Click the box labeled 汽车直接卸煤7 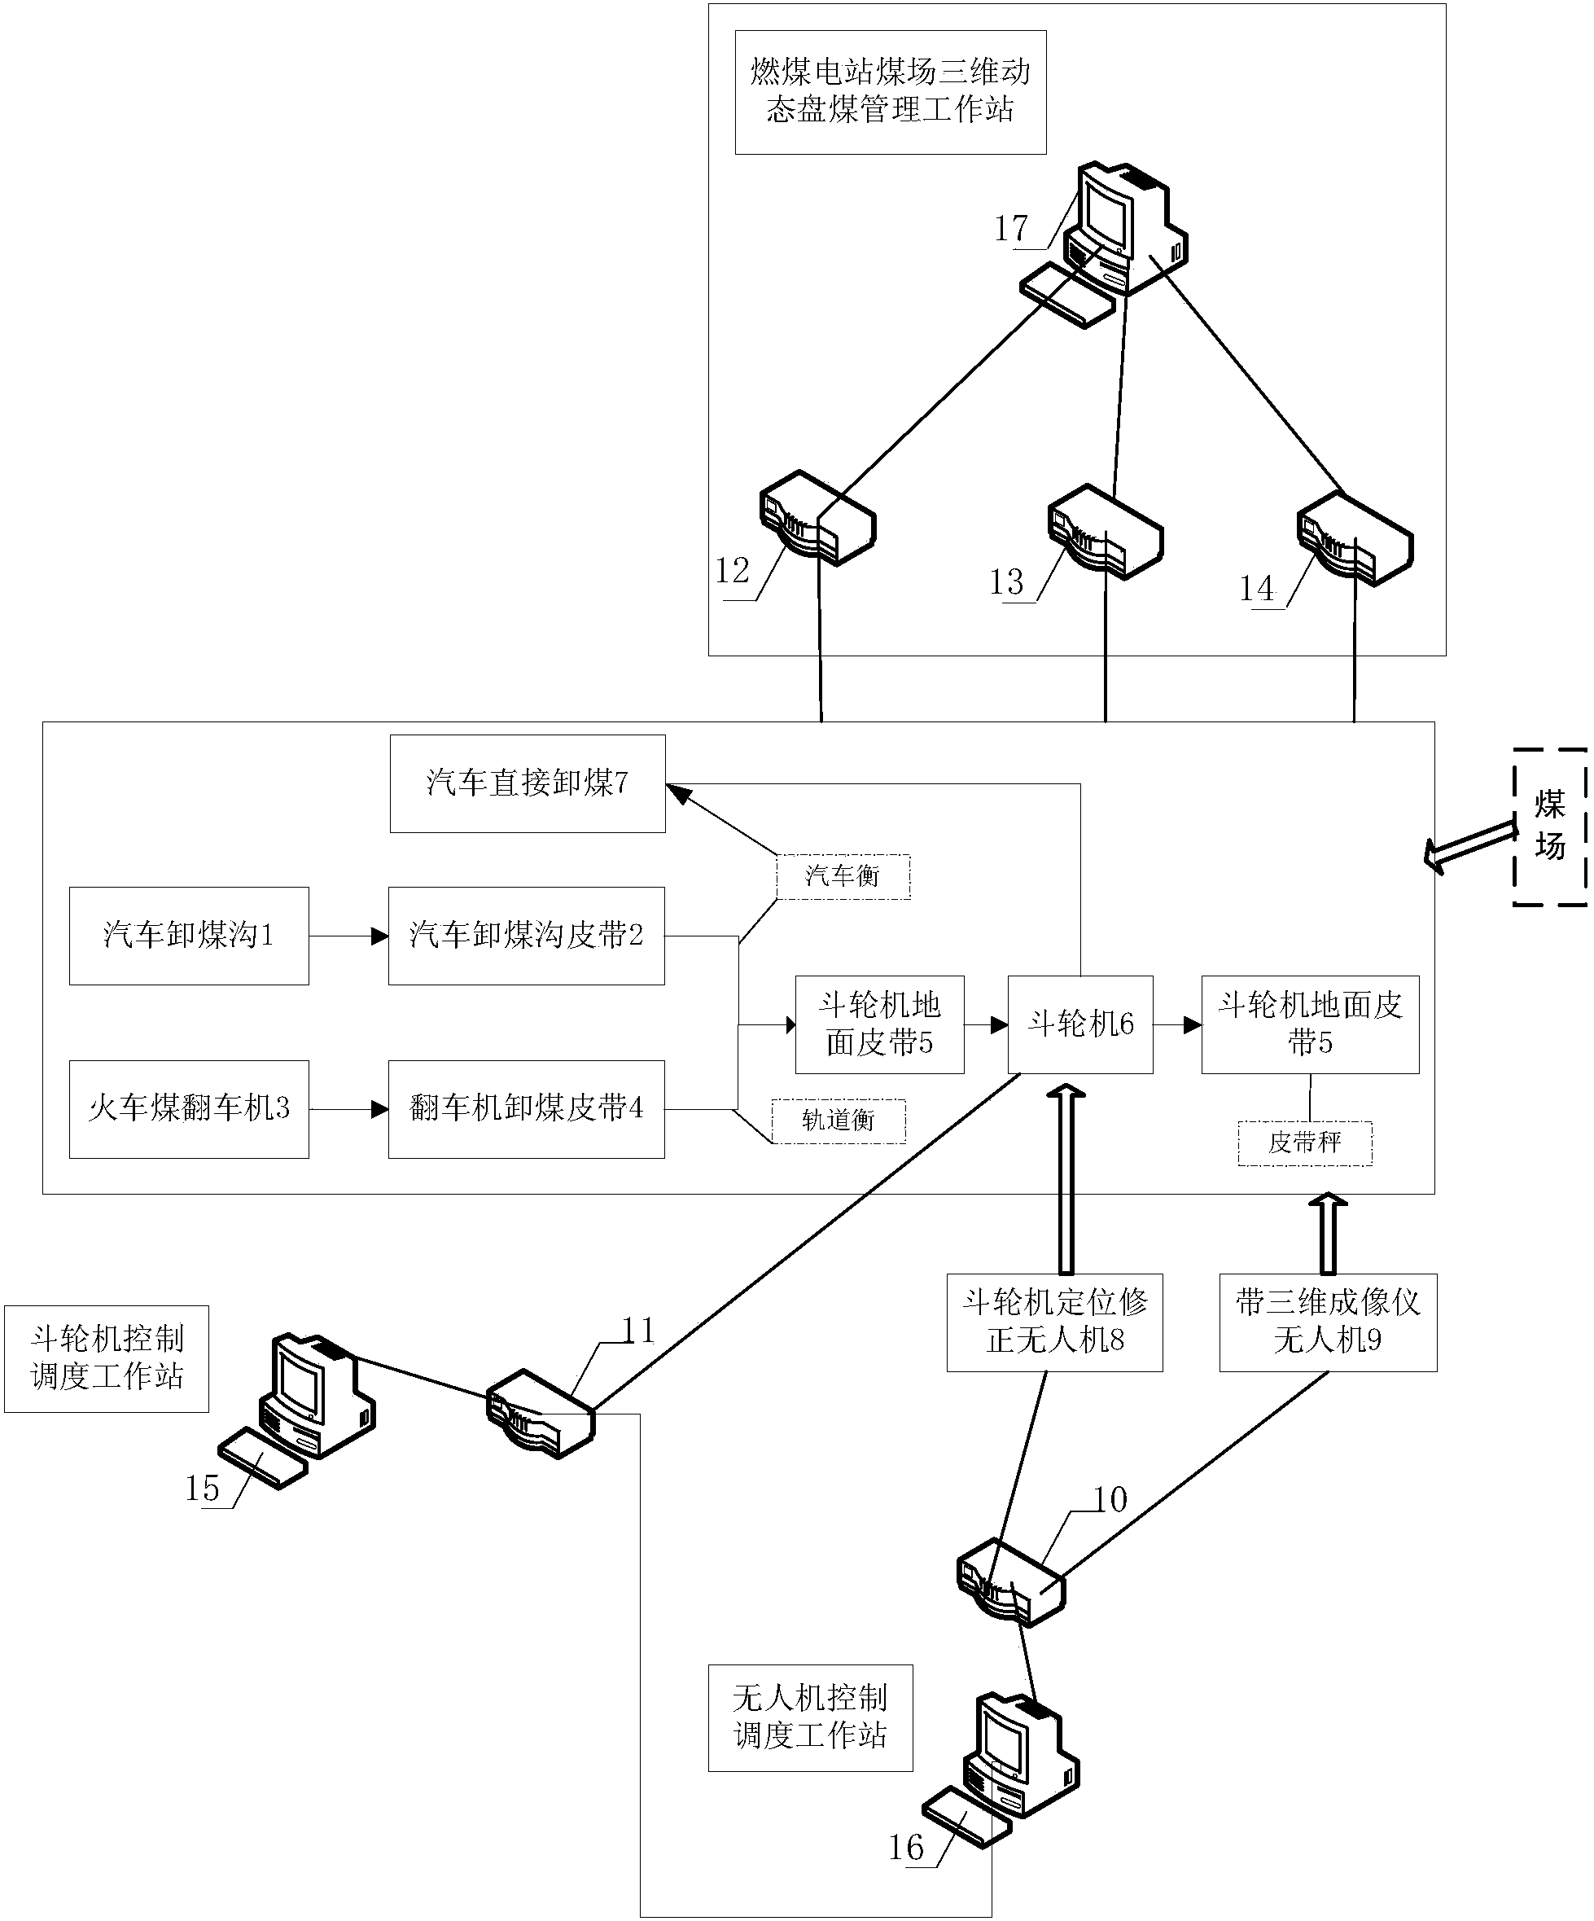tap(527, 783)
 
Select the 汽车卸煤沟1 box tap(188, 935)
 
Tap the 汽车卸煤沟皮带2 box tap(526, 935)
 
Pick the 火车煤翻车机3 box tap(188, 1108)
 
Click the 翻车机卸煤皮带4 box tap(526, 1108)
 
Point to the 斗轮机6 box tap(1080, 1024)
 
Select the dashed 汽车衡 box tap(843, 876)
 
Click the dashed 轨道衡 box tap(839, 1121)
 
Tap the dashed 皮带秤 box tap(1305, 1143)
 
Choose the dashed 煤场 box tap(1549, 827)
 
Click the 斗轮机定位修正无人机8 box tap(1054, 1322)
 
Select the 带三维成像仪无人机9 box tap(1328, 1322)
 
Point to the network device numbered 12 tap(817, 517)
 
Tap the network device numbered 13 tap(1105, 533)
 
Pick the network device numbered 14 tap(1355, 539)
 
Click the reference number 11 tap(638, 1331)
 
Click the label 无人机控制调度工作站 tap(810, 1717)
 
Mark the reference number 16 tap(906, 1847)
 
